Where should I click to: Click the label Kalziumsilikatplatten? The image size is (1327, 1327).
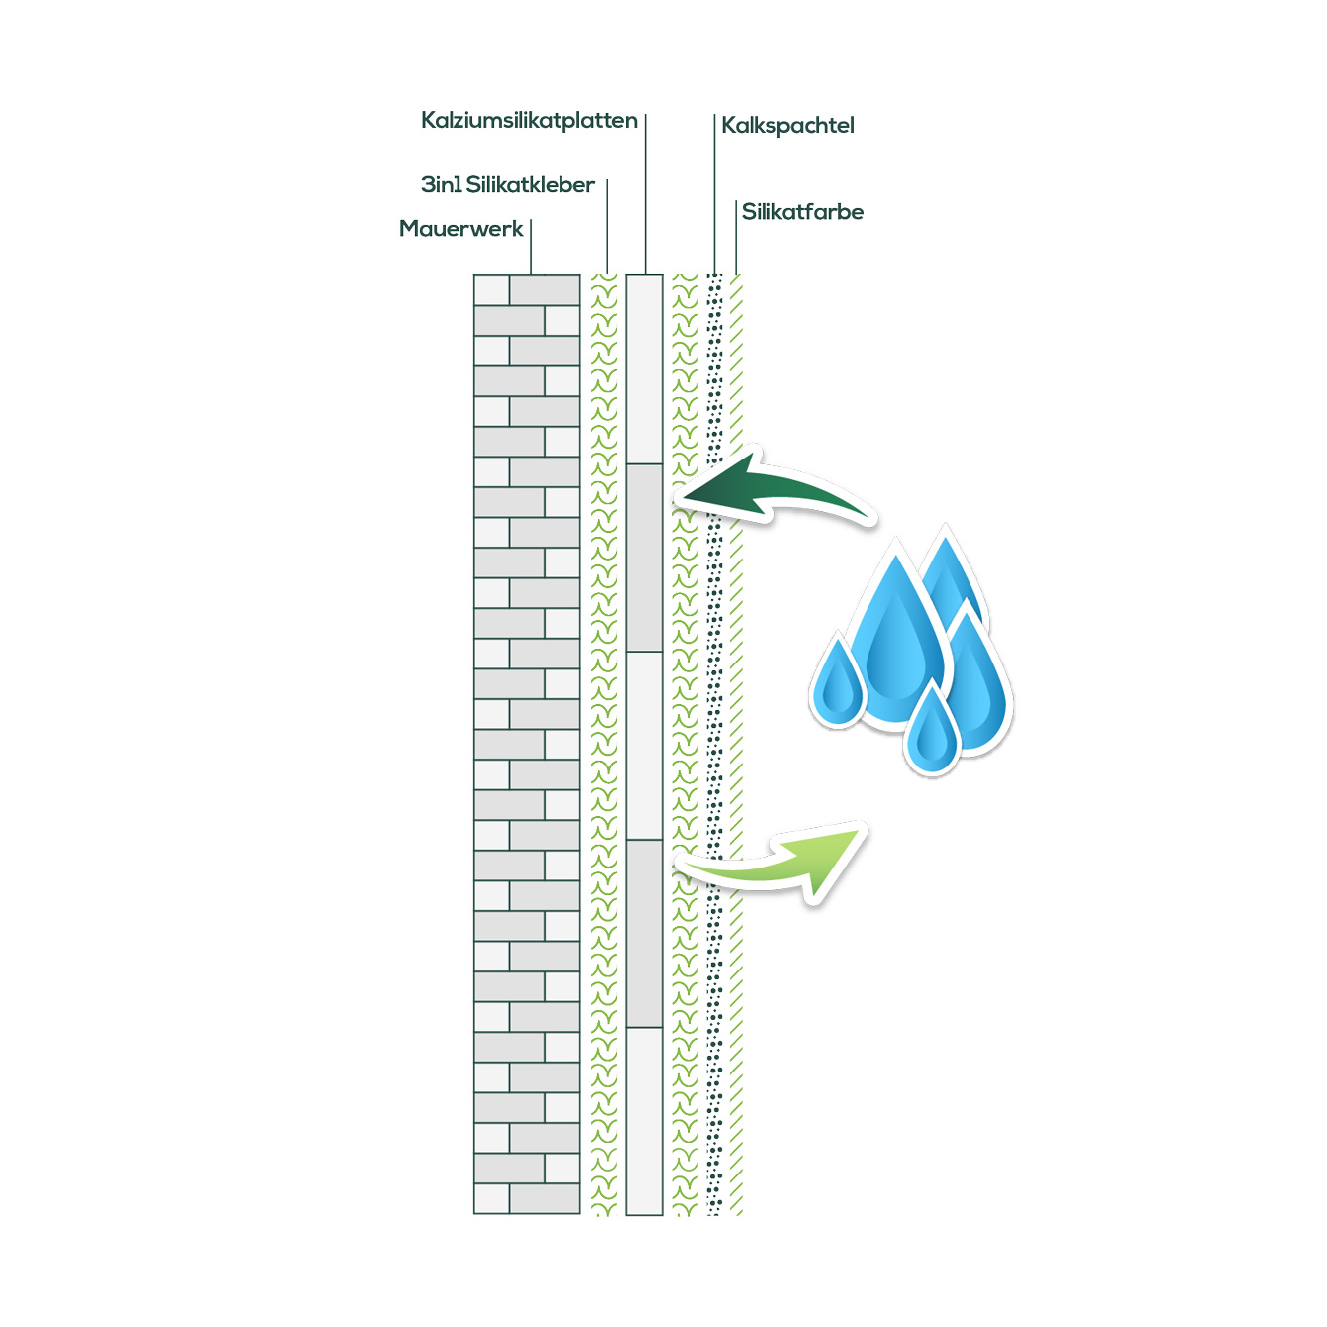pyautogui.click(x=529, y=121)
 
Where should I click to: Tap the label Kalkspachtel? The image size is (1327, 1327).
pyautogui.click(x=787, y=126)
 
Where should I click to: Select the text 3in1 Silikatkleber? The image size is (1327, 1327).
pyautogui.click(x=507, y=185)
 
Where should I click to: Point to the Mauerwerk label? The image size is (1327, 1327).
pyautogui.click(x=460, y=229)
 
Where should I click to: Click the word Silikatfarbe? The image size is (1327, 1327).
pyautogui.click(x=802, y=212)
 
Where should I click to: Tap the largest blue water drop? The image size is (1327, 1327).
pyautogui.click(x=896, y=639)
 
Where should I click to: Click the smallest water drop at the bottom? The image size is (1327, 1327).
pyautogui.click(x=932, y=731)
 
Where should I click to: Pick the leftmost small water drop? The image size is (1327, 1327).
pyautogui.click(x=838, y=683)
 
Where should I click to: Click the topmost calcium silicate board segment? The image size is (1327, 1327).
pyautogui.click(x=644, y=368)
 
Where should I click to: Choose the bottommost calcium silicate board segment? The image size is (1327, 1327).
pyautogui.click(x=644, y=1120)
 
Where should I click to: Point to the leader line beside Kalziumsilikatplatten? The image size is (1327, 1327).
pyautogui.click(x=646, y=193)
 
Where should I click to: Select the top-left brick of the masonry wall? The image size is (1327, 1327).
pyautogui.click(x=491, y=290)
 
